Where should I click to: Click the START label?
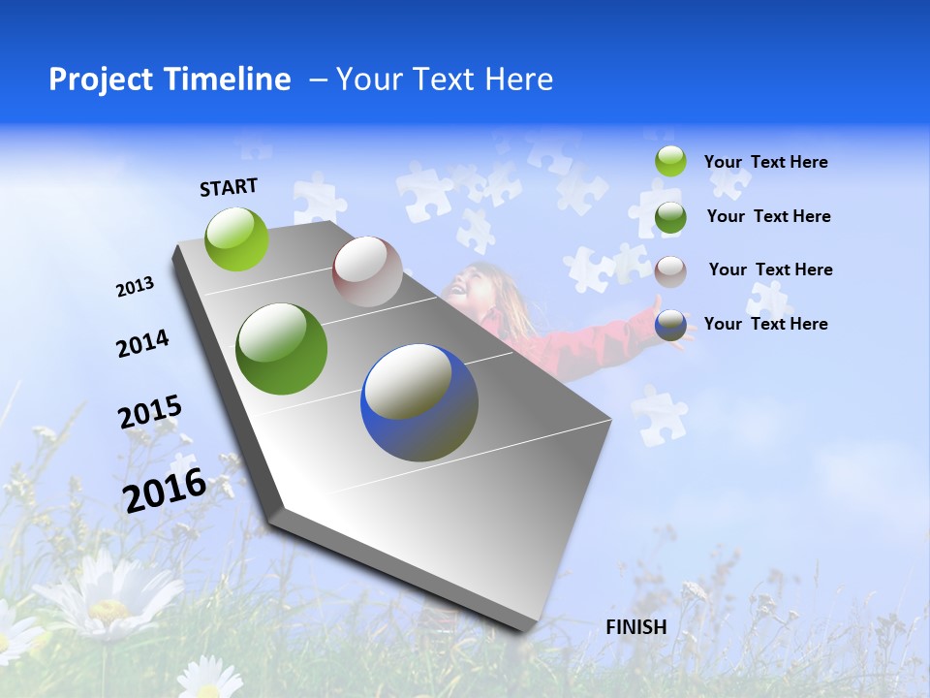[229, 186]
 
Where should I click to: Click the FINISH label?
[635, 627]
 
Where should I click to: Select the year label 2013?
[135, 287]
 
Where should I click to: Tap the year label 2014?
[142, 344]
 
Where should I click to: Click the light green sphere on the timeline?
[237, 238]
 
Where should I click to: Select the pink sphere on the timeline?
[367, 271]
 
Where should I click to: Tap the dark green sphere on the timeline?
[281, 349]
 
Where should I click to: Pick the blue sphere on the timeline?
[419, 402]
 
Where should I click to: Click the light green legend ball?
[670, 161]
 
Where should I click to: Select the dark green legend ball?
[670, 217]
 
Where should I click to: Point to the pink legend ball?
[670, 271]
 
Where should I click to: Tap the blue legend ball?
[670, 326]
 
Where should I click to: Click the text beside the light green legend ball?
[765, 162]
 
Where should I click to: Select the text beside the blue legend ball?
[765, 324]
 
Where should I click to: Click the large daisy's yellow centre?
[108, 610]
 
